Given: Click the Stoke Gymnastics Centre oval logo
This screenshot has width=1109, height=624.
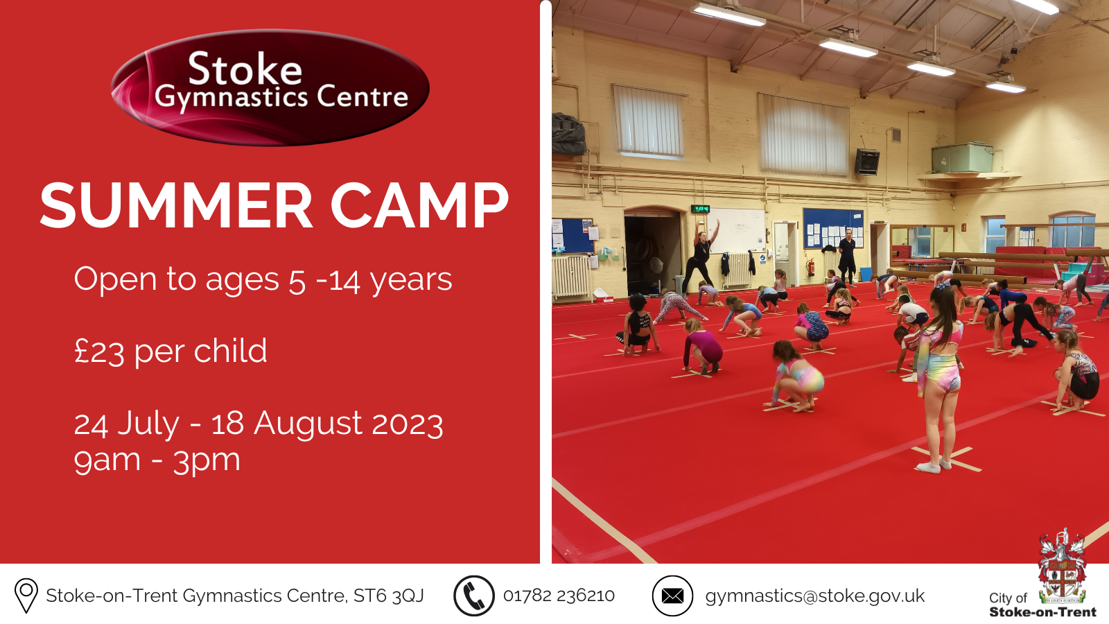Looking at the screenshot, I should [x=270, y=87].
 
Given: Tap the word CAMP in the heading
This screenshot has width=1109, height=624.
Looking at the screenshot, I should [x=419, y=206].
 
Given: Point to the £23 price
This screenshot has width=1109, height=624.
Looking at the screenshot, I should [x=99, y=352].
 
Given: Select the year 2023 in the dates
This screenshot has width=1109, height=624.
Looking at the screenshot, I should [x=407, y=424].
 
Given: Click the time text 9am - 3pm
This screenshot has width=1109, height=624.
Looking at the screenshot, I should [x=157, y=460].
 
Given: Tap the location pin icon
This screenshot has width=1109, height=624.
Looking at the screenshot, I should [x=26, y=596].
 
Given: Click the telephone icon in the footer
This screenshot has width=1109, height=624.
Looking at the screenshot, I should [x=474, y=596].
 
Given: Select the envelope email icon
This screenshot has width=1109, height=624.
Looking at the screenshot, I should [x=672, y=596].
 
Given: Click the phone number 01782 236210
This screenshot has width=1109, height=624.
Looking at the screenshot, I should [x=559, y=596].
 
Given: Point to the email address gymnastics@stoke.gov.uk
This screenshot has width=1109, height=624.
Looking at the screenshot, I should [x=814, y=596].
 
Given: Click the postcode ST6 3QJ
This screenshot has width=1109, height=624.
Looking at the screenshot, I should [x=388, y=596].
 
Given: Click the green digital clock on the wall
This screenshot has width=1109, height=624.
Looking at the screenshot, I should [x=701, y=209].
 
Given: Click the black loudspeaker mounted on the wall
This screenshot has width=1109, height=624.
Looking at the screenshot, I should [x=866, y=162].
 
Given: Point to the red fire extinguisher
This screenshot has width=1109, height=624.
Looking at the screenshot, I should [x=810, y=266].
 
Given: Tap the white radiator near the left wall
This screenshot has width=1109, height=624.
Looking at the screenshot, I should [x=571, y=277].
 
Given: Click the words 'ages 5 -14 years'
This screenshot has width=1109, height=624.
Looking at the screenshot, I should [x=329, y=280].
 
